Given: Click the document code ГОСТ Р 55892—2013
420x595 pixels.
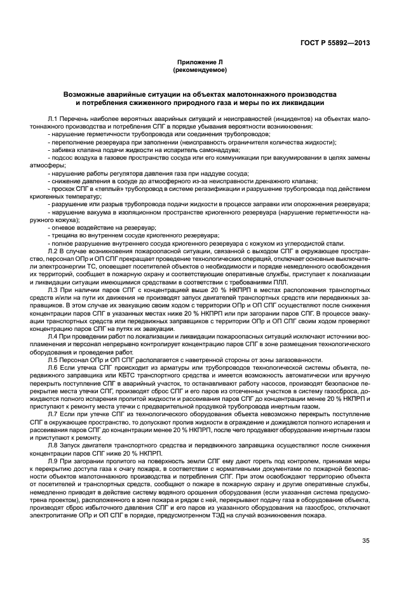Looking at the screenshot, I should coord(339,43).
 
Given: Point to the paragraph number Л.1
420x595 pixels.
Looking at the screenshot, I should coord(53,119).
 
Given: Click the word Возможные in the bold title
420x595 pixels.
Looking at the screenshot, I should coord(87,94).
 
